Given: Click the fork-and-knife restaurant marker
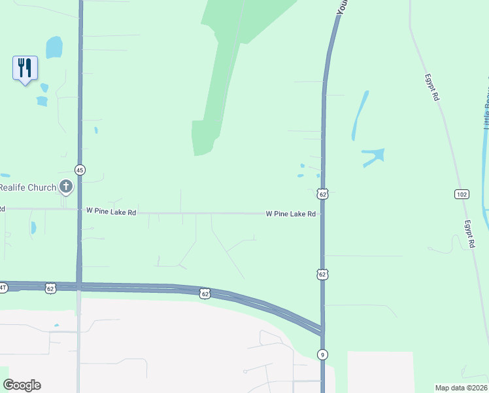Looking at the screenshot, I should tap(25, 68).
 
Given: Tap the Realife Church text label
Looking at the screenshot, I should tap(28, 187).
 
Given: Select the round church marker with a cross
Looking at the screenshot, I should tap(65, 187).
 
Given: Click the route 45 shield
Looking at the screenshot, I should tap(80, 170).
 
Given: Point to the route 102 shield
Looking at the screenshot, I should tap(462, 194).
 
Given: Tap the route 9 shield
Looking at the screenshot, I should tap(322, 354).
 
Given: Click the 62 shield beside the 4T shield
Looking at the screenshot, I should tap(50, 287).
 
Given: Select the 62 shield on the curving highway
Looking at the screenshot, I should tap(205, 294).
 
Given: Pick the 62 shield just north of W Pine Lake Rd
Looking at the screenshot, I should tap(322, 194).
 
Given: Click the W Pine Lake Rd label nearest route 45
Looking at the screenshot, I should tap(111, 212).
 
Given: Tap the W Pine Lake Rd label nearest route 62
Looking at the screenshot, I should tap(290, 214).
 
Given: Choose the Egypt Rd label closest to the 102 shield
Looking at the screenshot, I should tap(469, 233).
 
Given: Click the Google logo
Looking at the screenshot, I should tap(22, 385).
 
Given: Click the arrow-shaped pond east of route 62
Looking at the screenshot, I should tap(373, 157).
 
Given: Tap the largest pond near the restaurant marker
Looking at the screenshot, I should tap(54, 47).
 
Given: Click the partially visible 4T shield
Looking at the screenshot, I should tap(3, 287).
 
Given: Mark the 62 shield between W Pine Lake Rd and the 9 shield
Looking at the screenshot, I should tap(322, 274).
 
